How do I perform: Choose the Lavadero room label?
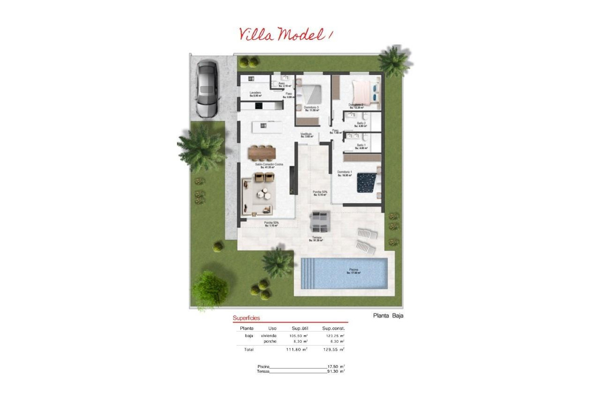tap(255, 93)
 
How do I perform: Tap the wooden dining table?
tap(262, 152)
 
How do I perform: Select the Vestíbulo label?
tap(306, 134)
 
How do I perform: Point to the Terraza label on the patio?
tap(317, 238)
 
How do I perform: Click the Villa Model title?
tap(286, 34)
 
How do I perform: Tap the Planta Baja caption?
tap(388, 316)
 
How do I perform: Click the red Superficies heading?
tap(246, 318)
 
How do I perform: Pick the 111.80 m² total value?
tap(296, 349)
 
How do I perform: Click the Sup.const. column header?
tap(333, 328)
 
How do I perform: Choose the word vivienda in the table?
tap(269, 336)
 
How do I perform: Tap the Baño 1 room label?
tap(361, 146)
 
